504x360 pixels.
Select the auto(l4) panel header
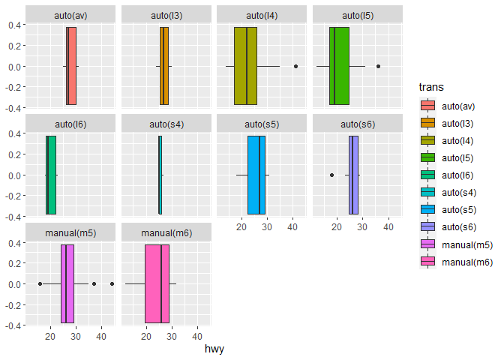click(261, 14)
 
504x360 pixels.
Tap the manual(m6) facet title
click(166, 232)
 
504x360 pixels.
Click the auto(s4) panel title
click(166, 123)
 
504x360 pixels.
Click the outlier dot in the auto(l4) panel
click(295, 66)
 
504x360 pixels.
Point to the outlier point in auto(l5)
click(378, 66)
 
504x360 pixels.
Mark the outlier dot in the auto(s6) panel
click(331, 175)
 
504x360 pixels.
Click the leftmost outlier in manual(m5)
click(40, 283)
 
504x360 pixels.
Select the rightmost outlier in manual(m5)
click(112, 283)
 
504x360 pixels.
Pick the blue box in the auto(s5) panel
click(256, 175)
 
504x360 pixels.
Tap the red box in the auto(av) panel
click(71, 66)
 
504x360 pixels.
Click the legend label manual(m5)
click(468, 244)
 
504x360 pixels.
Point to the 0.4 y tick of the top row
click(14, 25)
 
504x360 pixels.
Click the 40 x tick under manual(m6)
click(197, 337)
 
